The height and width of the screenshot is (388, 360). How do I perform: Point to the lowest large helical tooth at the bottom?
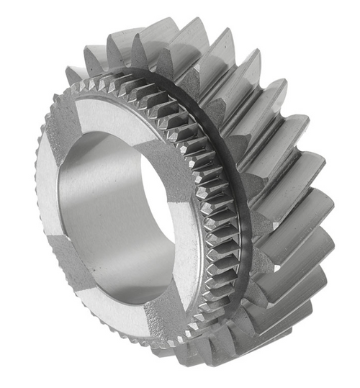click(x=238, y=360)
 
